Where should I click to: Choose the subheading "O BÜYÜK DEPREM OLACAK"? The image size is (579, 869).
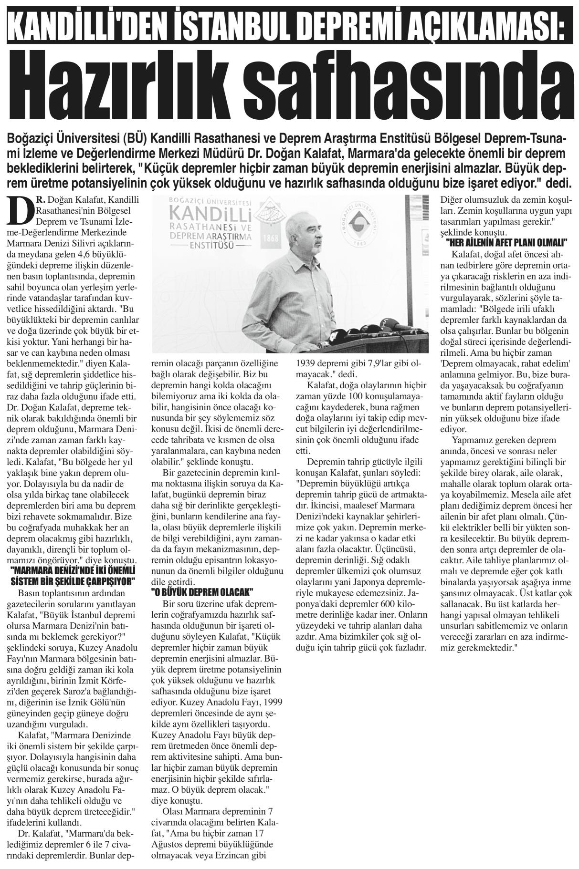(x=200, y=591)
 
